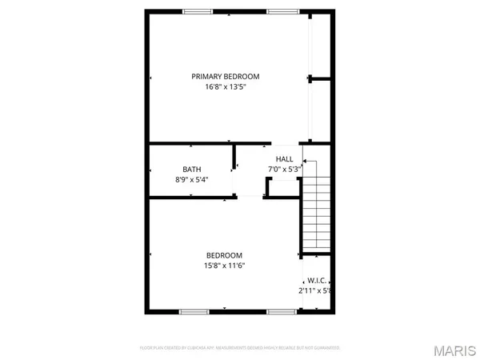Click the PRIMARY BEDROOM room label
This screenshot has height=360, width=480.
point(225,77)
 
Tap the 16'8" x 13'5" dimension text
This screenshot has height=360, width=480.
point(225,86)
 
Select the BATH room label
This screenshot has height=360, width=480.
point(192,169)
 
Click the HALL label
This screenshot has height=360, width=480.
point(285,159)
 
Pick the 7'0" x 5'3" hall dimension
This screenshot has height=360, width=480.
point(283,169)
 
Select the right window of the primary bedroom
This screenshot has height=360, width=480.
point(279,11)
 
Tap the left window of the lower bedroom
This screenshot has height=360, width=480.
point(193,311)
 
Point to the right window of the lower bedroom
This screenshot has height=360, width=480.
point(279,311)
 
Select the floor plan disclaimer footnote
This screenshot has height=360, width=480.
point(240,348)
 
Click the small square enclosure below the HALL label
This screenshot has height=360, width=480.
point(282,187)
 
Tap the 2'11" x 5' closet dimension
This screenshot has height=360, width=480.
point(314,290)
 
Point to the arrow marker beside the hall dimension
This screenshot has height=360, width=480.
point(304,161)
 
